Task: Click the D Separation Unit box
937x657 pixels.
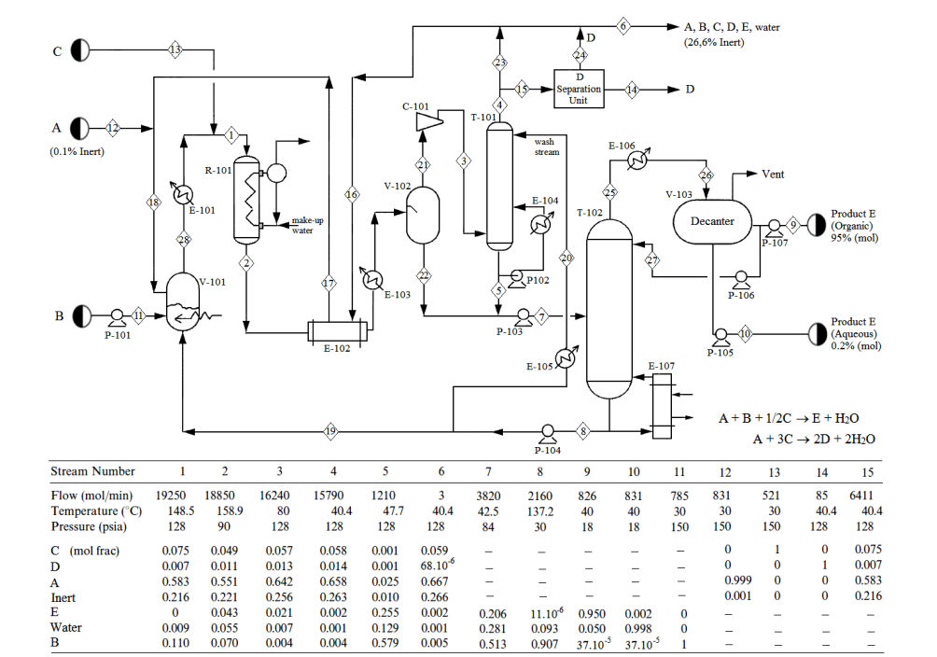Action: tap(579, 89)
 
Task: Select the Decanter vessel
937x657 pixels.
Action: tap(712, 221)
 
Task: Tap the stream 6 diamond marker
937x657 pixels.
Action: tap(622, 26)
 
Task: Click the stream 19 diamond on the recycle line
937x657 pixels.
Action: tap(330, 431)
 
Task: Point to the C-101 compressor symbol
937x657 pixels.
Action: tap(429, 121)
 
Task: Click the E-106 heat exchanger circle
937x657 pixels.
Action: tap(637, 161)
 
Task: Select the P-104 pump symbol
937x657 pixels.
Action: tap(548, 433)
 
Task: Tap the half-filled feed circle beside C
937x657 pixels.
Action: tap(80, 50)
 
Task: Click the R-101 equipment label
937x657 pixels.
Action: tap(218, 171)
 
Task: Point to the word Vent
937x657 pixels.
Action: tap(773, 174)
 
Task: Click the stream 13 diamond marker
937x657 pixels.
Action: tap(175, 50)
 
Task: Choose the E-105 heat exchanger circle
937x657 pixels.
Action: tap(565, 358)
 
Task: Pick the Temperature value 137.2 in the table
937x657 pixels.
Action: tap(540, 511)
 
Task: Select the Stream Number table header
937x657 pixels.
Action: tap(92, 471)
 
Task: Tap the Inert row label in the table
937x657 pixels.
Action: tap(63, 598)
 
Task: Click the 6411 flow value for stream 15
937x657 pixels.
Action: tap(861, 496)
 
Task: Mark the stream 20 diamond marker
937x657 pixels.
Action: tap(566, 258)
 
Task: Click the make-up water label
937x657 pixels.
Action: tap(307, 225)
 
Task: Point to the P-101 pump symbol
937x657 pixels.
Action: tap(118, 316)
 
